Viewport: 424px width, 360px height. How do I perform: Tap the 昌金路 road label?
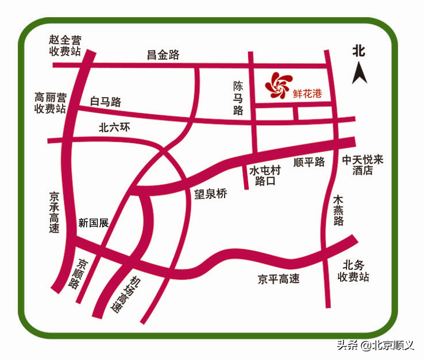[x=163, y=55]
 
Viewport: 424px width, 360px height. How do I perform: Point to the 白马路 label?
[x=106, y=102]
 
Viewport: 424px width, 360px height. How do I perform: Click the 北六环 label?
[x=115, y=128]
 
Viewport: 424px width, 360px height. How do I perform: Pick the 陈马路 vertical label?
[x=238, y=98]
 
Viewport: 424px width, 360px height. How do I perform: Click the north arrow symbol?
[x=360, y=73]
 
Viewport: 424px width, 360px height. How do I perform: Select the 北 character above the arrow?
[x=359, y=50]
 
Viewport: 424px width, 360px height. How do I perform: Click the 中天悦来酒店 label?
[x=363, y=165]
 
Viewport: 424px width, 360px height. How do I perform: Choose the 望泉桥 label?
[x=210, y=194]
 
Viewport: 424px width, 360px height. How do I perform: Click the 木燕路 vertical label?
[x=338, y=210]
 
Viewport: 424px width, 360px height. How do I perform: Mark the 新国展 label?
[x=93, y=223]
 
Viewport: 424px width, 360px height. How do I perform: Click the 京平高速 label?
[x=279, y=280]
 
